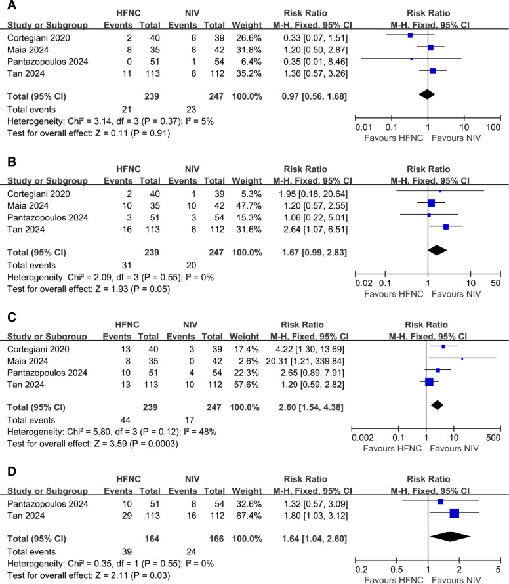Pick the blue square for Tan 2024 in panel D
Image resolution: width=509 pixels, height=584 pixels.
[454, 513]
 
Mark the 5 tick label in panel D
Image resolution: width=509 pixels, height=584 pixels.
[498, 568]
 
